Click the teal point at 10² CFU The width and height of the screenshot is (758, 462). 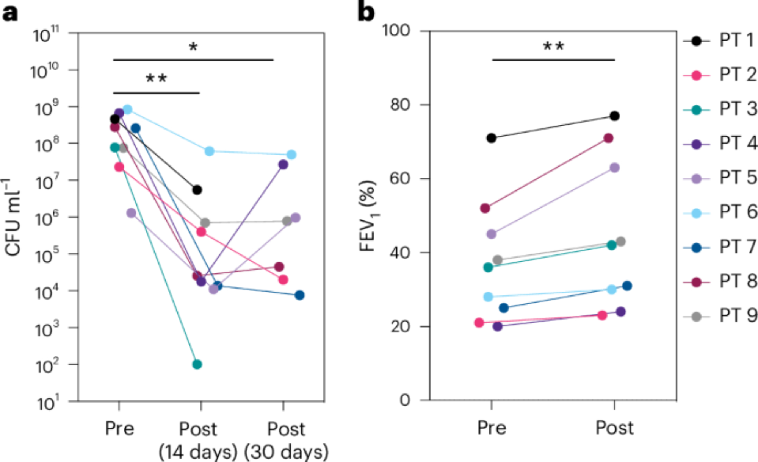pyautogui.click(x=197, y=364)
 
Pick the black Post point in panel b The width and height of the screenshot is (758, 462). pyautogui.click(x=615, y=116)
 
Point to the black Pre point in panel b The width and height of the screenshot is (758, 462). pyautogui.click(x=491, y=138)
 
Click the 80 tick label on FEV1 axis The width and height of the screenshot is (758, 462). pyautogui.click(x=400, y=105)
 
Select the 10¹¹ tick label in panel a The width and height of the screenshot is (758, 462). pyautogui.click(x=46, y=35)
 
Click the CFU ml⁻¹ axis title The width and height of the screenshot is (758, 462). pyautogui.click(x=13, y=218)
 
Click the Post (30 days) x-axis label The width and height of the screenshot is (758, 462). pyautogui.click(x=286, y=441)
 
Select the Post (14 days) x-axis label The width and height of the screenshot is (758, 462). pyautogui.click(x=198, y=441)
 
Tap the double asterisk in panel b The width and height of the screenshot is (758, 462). pyautogui.click(x=553, y=47)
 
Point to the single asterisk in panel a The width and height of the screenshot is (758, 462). pyautogui.click(x=193, y=47)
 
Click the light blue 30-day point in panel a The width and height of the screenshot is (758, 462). pyautogui.click(x=291, y=155)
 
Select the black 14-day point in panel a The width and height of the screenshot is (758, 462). pyautogui.click(x=197, y=190)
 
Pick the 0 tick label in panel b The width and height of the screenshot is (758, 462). pyautogui.click(x=405, y=400)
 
